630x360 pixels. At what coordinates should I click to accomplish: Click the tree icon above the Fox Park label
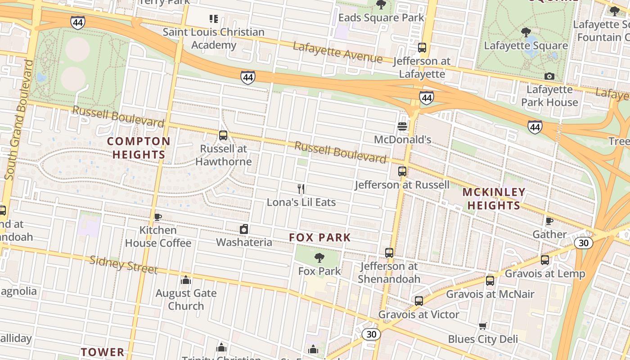(319, 258)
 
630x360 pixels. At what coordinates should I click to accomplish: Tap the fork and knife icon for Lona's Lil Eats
(301, 189)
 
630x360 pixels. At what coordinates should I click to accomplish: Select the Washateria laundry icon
(244, 229)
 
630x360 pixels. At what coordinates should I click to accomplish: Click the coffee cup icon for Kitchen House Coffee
(158, 217)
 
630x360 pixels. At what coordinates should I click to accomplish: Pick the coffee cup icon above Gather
(549, 221)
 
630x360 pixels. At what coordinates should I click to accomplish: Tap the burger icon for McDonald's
(402, 126)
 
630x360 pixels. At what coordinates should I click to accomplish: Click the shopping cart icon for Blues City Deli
(483, 326)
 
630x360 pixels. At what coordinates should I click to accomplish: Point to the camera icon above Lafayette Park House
(549, 76)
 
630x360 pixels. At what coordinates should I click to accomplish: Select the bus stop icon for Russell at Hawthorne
(223, 135)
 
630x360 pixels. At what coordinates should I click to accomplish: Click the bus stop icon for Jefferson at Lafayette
(422, 48)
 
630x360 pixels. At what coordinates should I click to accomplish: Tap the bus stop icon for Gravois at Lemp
(545, 260)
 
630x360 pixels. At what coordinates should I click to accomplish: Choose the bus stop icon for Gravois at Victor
(419, 301)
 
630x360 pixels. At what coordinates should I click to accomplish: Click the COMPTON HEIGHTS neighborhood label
(139, 148)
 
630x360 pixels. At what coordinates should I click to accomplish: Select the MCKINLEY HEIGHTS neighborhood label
(494, 199)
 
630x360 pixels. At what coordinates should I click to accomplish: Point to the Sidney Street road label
(123, 265)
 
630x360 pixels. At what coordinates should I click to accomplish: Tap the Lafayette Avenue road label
(337, 52)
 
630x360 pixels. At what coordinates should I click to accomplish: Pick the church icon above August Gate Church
(186, 280)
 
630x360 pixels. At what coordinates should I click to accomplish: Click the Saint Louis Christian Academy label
(214, 38)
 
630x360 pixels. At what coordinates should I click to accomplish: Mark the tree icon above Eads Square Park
(381, 5)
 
